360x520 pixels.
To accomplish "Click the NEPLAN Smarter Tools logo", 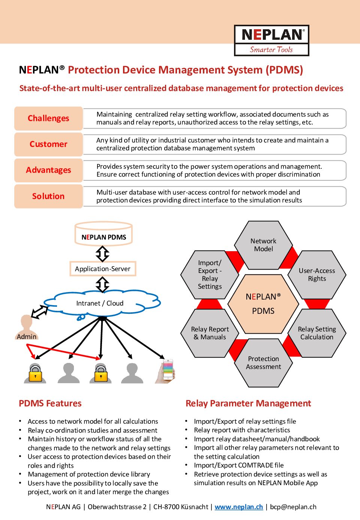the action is pyautogui.click(x=271, y=40).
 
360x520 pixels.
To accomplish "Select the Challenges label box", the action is pyautogui.click(x=48, y=118).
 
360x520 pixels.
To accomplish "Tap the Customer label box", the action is pyautogui.click(x=48, y=144).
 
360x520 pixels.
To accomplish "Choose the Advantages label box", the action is pyautogui.click(x=48, y=170).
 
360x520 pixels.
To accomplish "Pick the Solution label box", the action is pyautogui.click(x=48, y=196).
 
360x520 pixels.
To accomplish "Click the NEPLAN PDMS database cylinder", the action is pyautogui.click(x=103, y=234).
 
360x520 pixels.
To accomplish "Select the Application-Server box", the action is pyautogui.click(x=103, y=269).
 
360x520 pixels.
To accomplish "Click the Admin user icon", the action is pyautogui.click(x=27, y=327).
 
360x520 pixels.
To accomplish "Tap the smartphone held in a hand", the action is pyautogui.click(x=166, y=371).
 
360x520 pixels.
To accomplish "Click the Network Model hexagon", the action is pyautogui.click(x=263, y=245).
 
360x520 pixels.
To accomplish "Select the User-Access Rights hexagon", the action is pyautogui.click(x=317, y=275).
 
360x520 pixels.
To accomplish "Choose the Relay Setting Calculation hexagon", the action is pyautogui.click(x=317, y=333).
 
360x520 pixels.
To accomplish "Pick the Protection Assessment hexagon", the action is pyautogui.click(x=263, y=363).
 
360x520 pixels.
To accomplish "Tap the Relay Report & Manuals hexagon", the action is pyautogui.click(x=210, y=333).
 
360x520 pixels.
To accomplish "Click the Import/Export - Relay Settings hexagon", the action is pyautogui.click(x=210, y=275).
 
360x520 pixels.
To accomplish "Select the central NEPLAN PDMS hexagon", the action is pyautogui.click(x=263, y=304).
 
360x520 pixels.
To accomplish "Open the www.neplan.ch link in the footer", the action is pyautogui.click(x=239, y=507).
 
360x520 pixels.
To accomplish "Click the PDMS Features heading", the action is pyautogui.click(x=50, y=403).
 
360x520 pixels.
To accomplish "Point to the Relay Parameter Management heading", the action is pyautogui.click(x=248, y=404).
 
